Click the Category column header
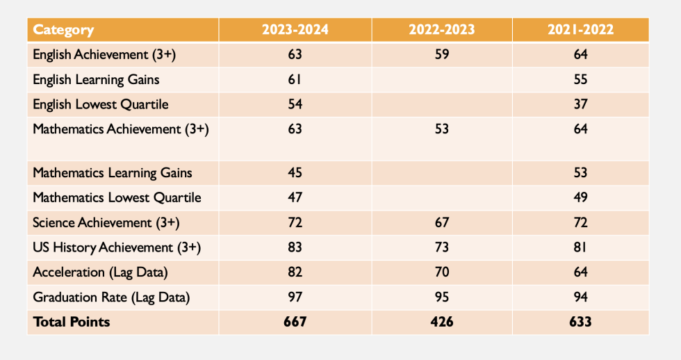point(63,29)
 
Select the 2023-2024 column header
point(295,29)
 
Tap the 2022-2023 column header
point(442,29)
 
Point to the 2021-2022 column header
point(581,29)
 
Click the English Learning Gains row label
point(96,79)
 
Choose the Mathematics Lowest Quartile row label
point(117,197)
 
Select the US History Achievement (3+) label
point(117,247)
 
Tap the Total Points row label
point(71,322)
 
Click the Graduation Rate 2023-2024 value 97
point(295,297)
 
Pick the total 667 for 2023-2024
point(295,322)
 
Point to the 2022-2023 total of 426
point(442,322)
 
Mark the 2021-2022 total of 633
point(581,322)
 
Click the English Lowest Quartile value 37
point(581,104)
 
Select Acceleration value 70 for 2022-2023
point(442,272)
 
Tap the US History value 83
point(295,247)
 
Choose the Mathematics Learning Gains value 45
point(295,173)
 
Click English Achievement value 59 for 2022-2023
point(442,54)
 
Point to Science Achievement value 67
point(442,222)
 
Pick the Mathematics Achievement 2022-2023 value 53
point(442,129)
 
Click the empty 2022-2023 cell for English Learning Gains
point(442,79)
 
